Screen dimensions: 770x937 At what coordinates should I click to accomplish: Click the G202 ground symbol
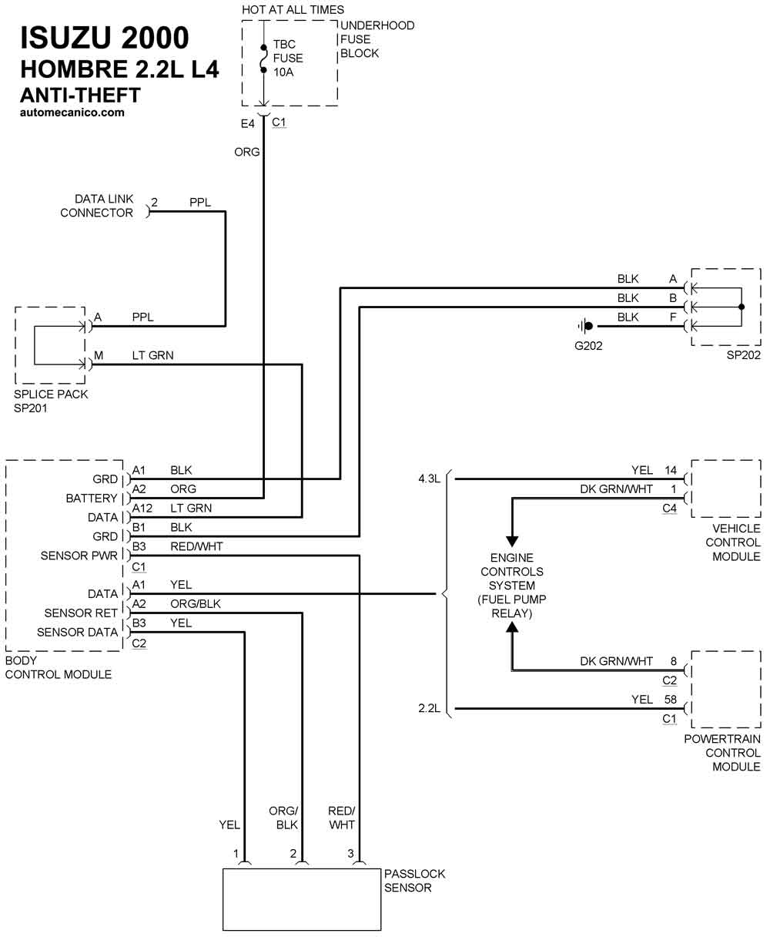point(586,326)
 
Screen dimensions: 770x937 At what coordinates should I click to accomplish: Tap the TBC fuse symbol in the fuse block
point(264,59)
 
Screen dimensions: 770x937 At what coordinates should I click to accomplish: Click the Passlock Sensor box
point(302,899)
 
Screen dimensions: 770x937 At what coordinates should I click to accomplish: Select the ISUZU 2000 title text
point(105,38)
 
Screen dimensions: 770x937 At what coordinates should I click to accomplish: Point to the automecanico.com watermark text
point(72,113)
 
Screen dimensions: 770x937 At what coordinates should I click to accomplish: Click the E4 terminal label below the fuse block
point(247,123)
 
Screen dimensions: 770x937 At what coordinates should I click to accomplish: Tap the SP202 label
point(743,355)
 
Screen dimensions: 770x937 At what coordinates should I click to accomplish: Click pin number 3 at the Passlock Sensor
point(350,854)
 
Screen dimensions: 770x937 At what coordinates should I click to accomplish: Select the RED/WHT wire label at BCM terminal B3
point(196,546)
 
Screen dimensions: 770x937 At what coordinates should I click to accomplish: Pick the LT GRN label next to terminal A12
point(191,508)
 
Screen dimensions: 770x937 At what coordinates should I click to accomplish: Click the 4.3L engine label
point(429,479)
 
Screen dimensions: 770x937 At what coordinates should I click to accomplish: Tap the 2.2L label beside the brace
point(429,707)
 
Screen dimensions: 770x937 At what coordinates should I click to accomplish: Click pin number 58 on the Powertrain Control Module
point(671,699)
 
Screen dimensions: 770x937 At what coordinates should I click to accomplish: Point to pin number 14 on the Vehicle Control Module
point(671,469)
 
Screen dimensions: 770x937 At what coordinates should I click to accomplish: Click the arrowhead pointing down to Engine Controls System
point(512,541)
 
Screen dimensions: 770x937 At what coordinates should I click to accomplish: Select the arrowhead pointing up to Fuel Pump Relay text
point(512,627)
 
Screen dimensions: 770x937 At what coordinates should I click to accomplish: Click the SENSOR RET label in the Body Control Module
point(81,613)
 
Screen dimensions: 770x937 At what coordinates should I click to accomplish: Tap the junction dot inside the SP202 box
point(742,307)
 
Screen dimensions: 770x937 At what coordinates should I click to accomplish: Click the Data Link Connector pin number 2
point(154,202)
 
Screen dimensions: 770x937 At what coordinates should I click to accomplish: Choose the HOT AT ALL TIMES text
point(293,9)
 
